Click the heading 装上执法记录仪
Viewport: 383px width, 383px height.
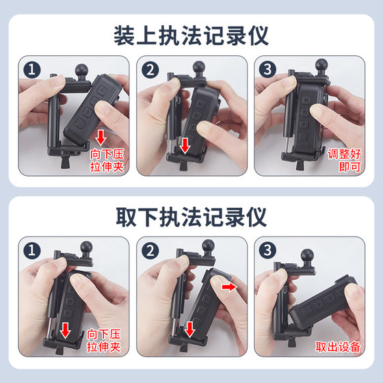click(191, 36)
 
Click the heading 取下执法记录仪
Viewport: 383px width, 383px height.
click(191, 217)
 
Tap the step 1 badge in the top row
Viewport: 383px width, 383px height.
click(32, 70)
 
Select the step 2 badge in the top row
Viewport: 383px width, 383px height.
click(150, 70)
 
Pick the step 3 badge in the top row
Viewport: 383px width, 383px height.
click(267, 69)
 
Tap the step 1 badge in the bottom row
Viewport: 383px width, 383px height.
click(32, 250)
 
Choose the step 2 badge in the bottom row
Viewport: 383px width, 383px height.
click(150, 250)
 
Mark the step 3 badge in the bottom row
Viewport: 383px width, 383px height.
click(267, 250)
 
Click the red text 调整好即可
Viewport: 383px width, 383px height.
click(345, 160)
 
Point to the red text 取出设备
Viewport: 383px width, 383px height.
click(338, 347)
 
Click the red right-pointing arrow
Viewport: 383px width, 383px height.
click(229, 287)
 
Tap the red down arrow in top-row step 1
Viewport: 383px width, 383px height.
click(101, 137)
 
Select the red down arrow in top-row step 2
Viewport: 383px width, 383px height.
click(185, 146)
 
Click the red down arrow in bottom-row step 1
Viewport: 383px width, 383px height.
click(65, 330)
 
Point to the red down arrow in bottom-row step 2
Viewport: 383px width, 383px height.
click(189, 330)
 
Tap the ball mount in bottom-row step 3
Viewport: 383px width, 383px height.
click(307, 256)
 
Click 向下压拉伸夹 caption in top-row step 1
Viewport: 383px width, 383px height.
click(107, 161)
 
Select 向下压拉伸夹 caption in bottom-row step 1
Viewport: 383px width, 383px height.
click(104, 341)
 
